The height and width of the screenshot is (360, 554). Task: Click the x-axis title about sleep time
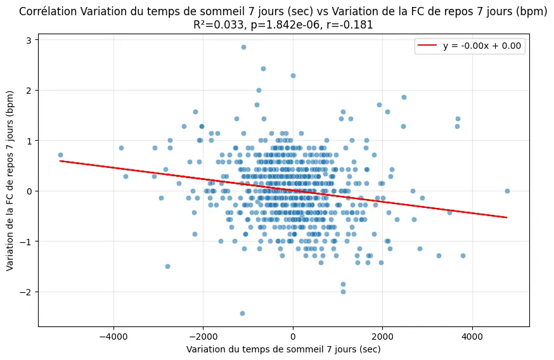pos(283,349)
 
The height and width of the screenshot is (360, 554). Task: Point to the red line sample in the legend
pos(428,46)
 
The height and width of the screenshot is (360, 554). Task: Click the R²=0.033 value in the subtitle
pos(214,25)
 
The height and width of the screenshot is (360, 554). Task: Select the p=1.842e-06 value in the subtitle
pos(279,25)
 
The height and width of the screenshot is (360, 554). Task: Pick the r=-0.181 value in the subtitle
pos(350,25)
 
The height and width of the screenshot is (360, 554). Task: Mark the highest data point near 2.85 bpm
pos(243,47)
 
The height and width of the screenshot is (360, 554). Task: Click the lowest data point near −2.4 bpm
pos(242,313)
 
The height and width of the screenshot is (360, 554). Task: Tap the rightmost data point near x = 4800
pos(507,191)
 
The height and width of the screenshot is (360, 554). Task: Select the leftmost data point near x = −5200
pos(60,155)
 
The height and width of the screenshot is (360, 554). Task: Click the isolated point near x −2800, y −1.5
pos(167,266)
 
